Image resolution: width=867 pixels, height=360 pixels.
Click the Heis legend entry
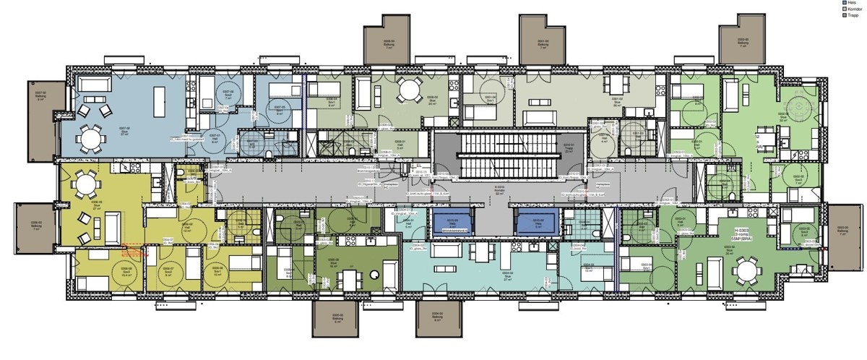850,3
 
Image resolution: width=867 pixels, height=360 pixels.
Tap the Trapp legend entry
850,15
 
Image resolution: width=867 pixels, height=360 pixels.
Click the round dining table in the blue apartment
92,138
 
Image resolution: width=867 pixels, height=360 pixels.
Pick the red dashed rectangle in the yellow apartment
134,252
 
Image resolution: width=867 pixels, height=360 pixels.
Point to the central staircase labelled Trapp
506,155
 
